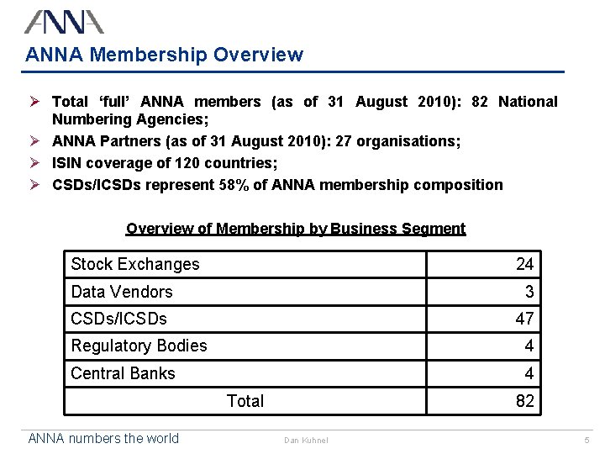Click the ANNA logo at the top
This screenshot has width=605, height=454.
click(x=64, y=22)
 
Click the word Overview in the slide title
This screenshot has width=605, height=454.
click(x=258, y=55)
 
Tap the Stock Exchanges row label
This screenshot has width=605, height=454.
click(x=135, y=265)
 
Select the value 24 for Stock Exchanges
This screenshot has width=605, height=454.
click(x=524, y=264)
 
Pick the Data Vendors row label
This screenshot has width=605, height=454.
click(x=122, y=292)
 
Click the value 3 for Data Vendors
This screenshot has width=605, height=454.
click(x=529, y=292)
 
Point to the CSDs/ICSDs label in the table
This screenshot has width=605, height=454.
click(x=118, y=319)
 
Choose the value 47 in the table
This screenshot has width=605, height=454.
click(x=524, y=319)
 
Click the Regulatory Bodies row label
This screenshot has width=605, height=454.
click(x=139, y=346)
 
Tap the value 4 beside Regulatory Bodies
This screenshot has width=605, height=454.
click(x=529, y=346)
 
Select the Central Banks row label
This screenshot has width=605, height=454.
click(x=123, y=373)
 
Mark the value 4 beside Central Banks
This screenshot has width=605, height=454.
click(x=529, y=373)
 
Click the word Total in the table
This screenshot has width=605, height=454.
click(x=245, y=401)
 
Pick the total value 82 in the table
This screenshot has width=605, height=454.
click(x=524, y=401)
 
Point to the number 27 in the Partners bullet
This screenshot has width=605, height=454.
click(x=343, y=141)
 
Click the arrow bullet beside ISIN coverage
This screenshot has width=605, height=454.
click(x=34, y=163)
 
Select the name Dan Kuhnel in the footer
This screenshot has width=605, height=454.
click(x=306, y=440)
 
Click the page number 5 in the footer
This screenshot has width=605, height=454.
click(x=587, y=440)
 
